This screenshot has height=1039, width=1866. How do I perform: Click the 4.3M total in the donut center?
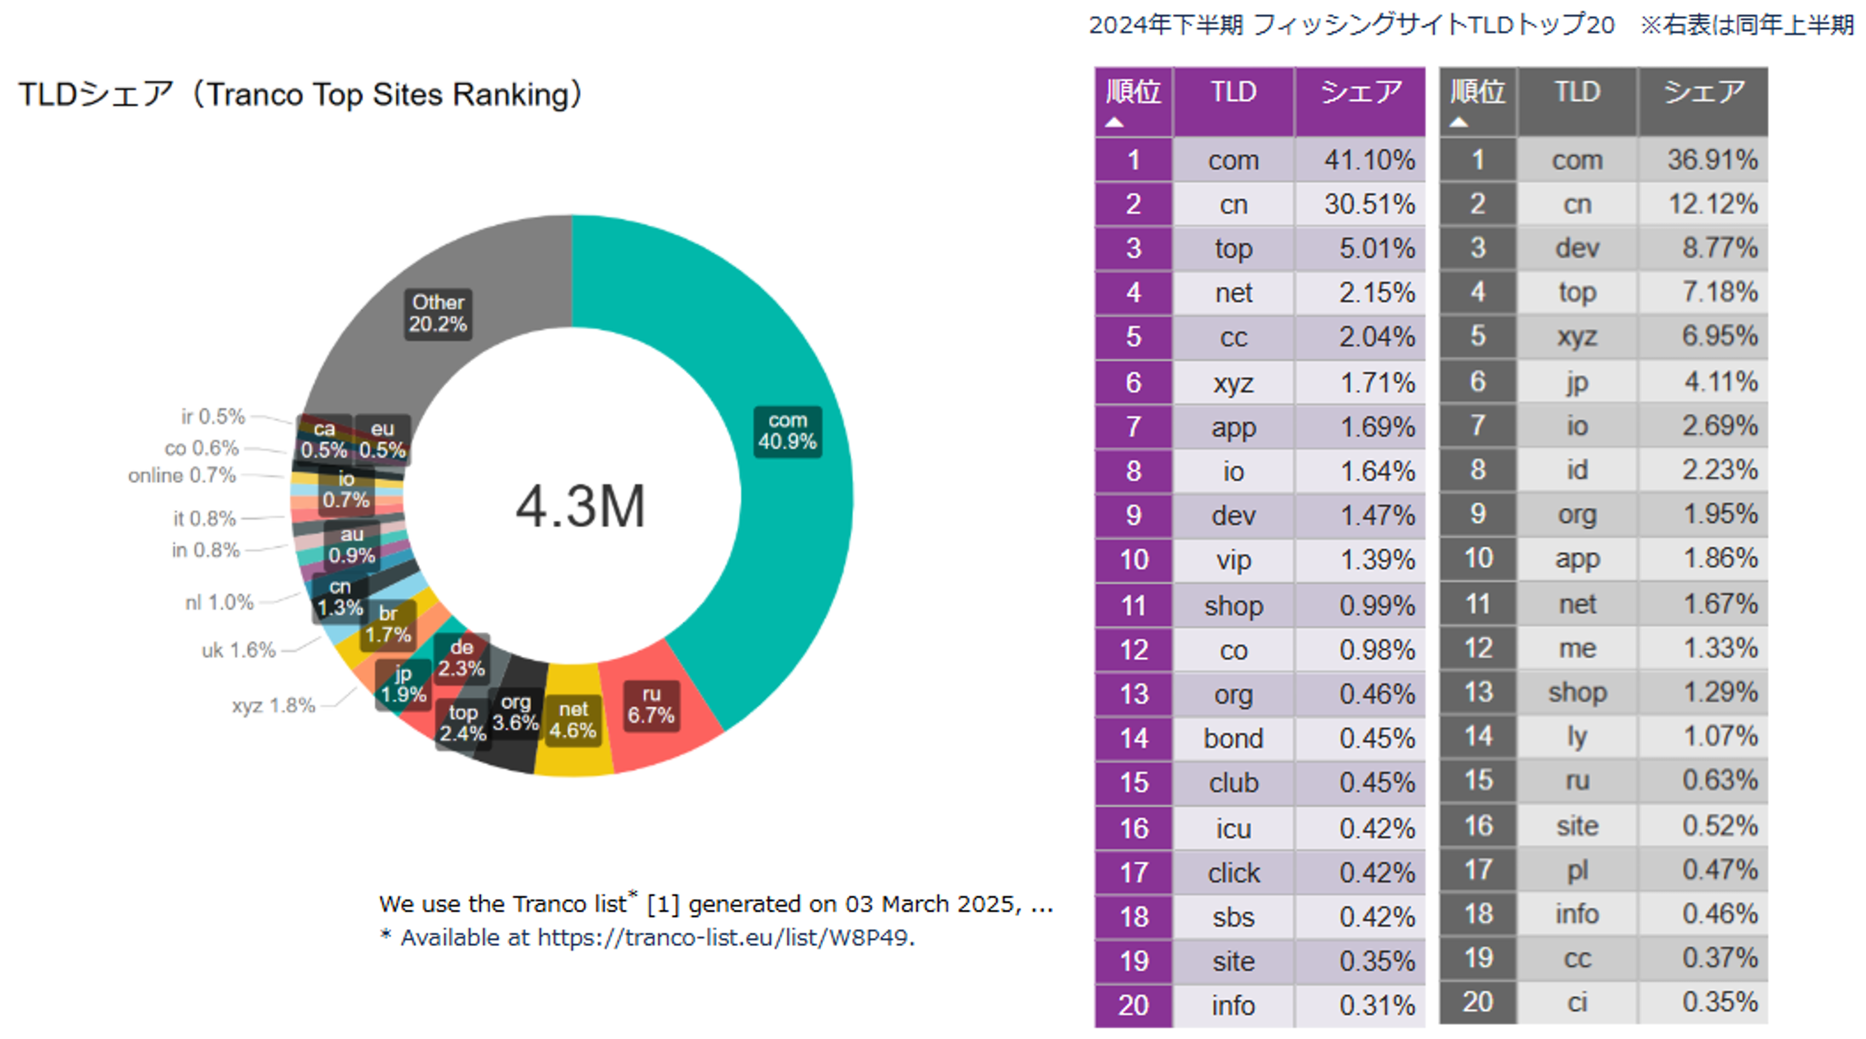click(x=579, y=506)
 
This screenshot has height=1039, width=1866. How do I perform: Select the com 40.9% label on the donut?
click(x=788, y=431)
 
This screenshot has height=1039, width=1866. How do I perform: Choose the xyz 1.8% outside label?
click(x=273, y=706)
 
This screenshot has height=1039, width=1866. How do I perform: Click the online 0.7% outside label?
click(x=182, y=476)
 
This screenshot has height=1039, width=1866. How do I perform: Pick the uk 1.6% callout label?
click(x=238, y=650)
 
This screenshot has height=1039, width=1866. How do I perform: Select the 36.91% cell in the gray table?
click(x=1712, y=160)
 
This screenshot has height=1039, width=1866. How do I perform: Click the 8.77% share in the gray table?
click(x=1719, y=248)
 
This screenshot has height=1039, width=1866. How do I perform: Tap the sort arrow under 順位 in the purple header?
click(x=1114, y=123)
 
